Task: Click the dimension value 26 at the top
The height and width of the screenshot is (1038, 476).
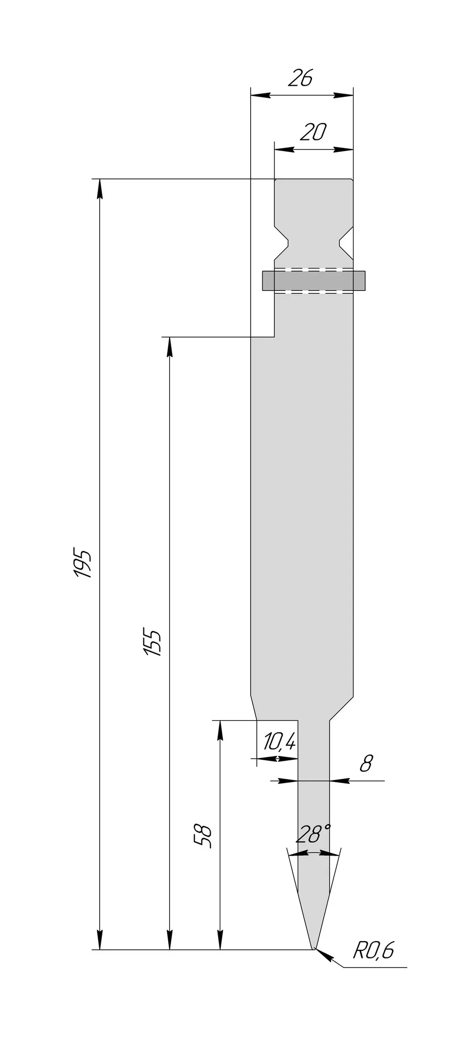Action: pyautogui.click(x=300, y=79)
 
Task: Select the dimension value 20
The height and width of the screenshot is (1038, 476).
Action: pyautogui.click(x=313, y=133)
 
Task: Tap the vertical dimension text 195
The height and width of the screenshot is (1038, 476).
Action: pyautogui.click(x=83, y=563)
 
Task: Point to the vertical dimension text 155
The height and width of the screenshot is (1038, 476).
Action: pyautogui.click(x=152, y=643)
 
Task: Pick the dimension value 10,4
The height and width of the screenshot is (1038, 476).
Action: pyautogui.click(x=279, y=743)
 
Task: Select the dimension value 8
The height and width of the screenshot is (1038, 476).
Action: pyautogui.click(x=366, y=763)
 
